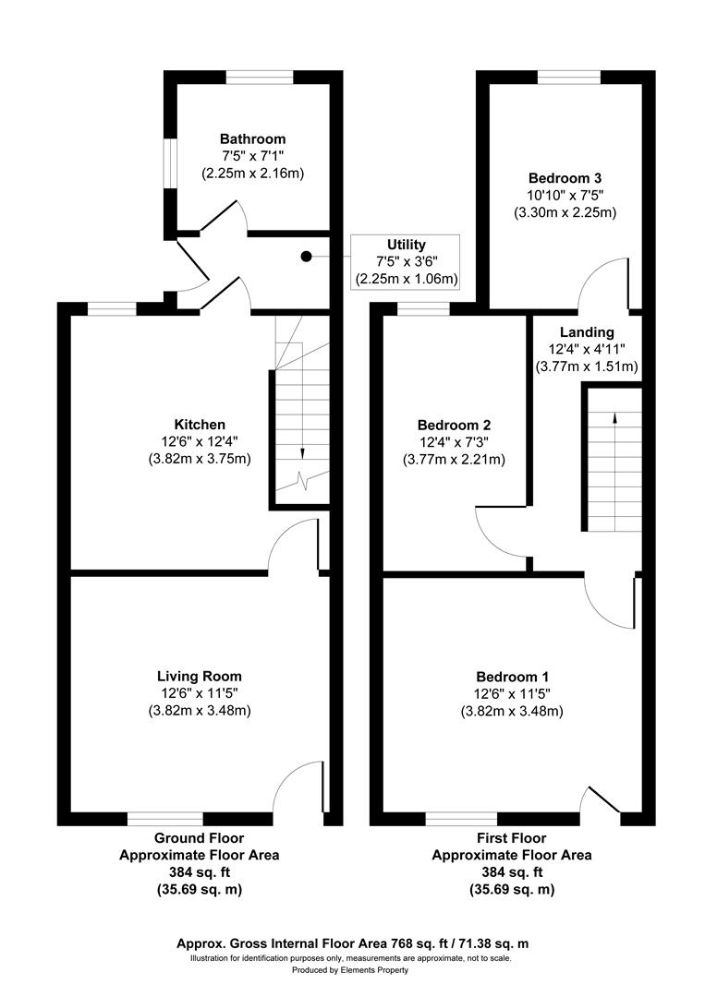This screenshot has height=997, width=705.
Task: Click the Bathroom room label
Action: tap(252, 139)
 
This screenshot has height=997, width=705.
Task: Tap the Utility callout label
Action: tap(407, 245)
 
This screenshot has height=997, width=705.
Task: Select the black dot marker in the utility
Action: tap(307, 257)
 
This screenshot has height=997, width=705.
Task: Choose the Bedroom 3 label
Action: tap(565, 177)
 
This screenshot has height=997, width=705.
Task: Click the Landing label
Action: tap(587, 332)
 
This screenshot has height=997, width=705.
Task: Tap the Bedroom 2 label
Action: tap(454, 425)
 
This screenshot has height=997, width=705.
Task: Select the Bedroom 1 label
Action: tap(512, 677)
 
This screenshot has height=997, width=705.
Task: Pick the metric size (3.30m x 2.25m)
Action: tap(565, 212)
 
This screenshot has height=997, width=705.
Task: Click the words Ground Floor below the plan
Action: tap(199, 838)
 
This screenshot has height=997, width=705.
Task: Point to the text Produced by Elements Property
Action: tap(350, 970)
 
